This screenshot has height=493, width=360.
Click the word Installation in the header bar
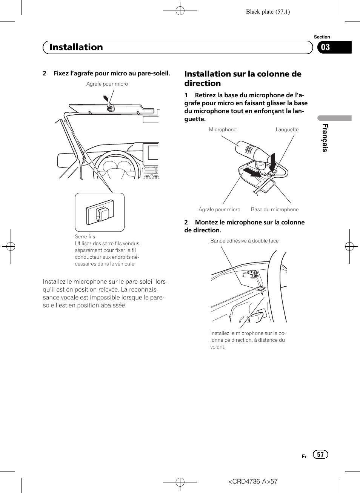click(x=76, y=47)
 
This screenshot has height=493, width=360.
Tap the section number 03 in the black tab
click(x=325, y=48)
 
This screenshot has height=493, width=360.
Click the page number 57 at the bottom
click(x=320, y=455)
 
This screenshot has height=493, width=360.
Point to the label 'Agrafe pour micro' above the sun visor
click(x=107, y=84)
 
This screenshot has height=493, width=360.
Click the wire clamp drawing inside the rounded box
click(x=100, y=212)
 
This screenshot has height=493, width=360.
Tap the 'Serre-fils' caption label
click(x=85, y=237)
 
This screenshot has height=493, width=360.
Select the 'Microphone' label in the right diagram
click(x=223, y=129)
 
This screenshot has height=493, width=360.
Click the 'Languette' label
click(x=287, y=129)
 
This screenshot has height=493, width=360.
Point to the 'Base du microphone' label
click(x=275, y=209)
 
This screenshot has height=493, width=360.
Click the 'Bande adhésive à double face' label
click(x=245, y=241)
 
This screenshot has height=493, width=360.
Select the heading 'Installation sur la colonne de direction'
click(x=243, y=78)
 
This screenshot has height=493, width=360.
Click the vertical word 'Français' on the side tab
click(x=325, y=138)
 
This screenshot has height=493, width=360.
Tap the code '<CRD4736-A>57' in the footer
click(x=253, y=481)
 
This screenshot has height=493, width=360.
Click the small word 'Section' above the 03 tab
click(x=322, y=37)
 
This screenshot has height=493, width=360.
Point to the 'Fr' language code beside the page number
click(x=304, y=456)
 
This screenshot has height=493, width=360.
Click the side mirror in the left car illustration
click(x=66, y=160)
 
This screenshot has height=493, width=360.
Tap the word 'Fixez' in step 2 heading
click(x=61, y=73)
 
